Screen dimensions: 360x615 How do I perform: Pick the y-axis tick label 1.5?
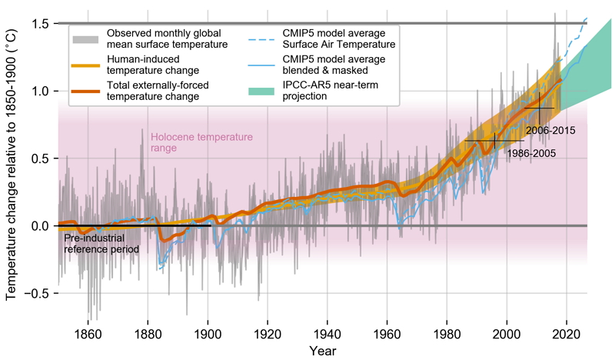tap(40, 24)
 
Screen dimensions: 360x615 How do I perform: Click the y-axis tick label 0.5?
tap(40, 158)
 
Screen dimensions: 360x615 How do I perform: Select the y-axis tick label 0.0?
tap(40, 226)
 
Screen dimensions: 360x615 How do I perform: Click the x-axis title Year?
tap(323, 350)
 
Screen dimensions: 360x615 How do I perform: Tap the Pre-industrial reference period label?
tap(101, 243)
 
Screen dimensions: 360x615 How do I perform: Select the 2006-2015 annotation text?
tap(550, 130)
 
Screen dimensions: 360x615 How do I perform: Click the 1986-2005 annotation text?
tap(530, 153)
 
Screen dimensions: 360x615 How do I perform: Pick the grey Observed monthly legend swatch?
tap(86, 38)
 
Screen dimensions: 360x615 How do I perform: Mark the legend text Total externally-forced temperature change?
tap(156, 91)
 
